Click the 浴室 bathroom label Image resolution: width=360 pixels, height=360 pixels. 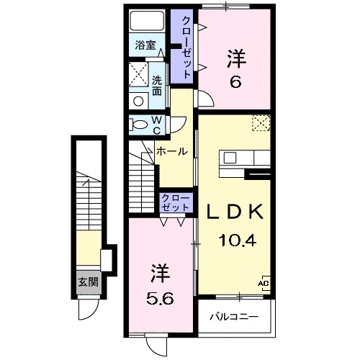pos(146,45)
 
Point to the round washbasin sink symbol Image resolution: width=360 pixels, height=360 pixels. pos(137,101)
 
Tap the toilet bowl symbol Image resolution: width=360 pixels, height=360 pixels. pos(140,125)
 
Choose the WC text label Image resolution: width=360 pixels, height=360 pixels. pos(157,125)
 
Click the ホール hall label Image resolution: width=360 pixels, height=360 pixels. pos(172,151)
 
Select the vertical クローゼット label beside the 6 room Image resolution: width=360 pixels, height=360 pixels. pos(186,47)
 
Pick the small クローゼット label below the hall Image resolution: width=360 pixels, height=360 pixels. pos(176,202)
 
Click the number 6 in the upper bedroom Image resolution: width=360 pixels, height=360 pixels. pos(235,81)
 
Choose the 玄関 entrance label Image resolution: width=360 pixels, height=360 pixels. pos(88,282)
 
